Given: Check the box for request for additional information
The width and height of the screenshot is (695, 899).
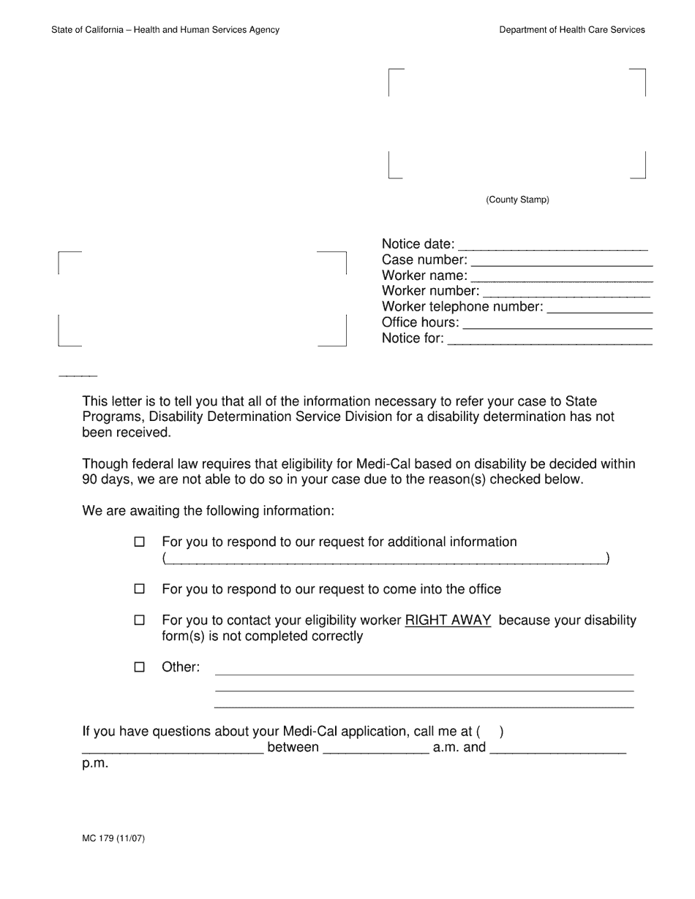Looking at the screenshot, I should tap(140, 542).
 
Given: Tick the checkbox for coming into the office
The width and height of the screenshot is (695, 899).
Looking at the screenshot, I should tap(140, 589).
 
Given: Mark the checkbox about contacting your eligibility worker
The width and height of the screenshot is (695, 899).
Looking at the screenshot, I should tap(140, 621).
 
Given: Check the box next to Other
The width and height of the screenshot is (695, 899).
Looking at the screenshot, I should tap(140, 667).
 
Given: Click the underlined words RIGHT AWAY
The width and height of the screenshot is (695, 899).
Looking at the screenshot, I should tap(448, 621).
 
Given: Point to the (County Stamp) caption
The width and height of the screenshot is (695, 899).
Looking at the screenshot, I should tap(517, 200).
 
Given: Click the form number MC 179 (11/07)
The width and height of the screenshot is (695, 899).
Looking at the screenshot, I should tap(113, 838).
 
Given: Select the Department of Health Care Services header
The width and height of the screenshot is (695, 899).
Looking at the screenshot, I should tap(572, 30).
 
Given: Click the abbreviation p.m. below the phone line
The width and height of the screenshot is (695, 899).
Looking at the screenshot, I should tap(95, 764).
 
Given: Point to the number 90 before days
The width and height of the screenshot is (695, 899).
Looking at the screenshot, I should tap(90, 479).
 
